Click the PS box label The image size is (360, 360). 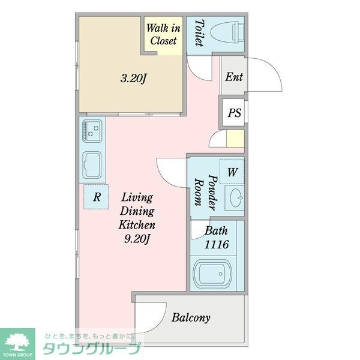tap(234, 113)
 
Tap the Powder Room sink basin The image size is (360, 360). tap(235, 196)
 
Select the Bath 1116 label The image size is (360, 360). tap(216, 238)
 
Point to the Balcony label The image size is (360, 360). tap(191, 317)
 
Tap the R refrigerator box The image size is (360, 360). tap(95, 196)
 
